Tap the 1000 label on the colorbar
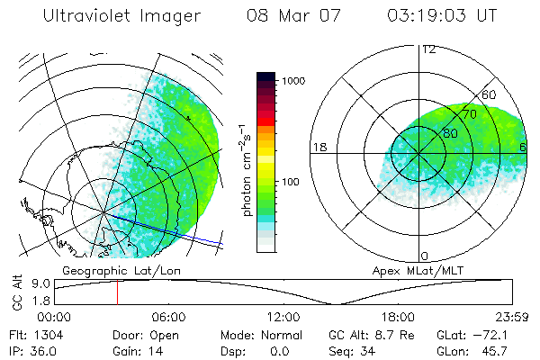point(293,81)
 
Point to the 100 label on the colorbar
point(291,182)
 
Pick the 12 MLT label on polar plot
point(428,49)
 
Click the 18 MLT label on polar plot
point(318,146)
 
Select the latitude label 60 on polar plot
point(490,94)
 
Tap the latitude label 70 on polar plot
point(467,114)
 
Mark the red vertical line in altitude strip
point(117,292)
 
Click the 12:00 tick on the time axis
point(283,317)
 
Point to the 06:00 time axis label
point(169,317)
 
